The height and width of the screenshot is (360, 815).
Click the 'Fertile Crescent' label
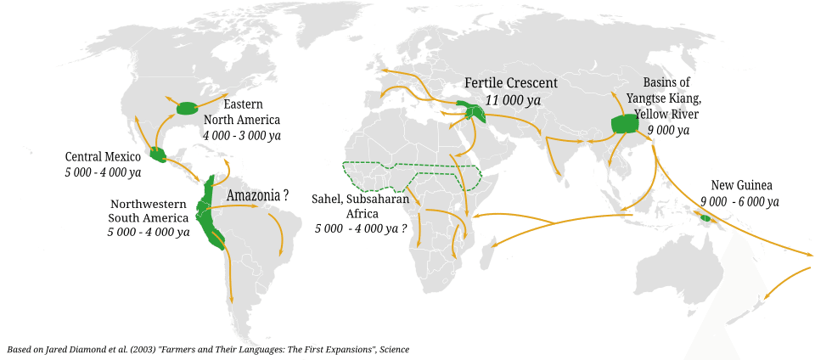coord(510,82)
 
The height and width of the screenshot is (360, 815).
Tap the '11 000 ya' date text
coord(513,100)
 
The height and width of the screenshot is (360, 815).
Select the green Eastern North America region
coord(187,108)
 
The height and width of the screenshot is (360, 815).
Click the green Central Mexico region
coord(156,154)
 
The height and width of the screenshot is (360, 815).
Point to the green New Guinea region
coord(705,218)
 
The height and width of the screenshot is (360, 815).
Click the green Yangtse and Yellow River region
coord(625,124)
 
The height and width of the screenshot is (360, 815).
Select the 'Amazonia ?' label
coord(257,195)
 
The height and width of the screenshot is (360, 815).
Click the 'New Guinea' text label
coord(735,185)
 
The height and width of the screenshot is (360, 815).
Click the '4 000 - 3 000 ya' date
coord(241,135)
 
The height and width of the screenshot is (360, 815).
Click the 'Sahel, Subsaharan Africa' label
coord(361,205)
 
